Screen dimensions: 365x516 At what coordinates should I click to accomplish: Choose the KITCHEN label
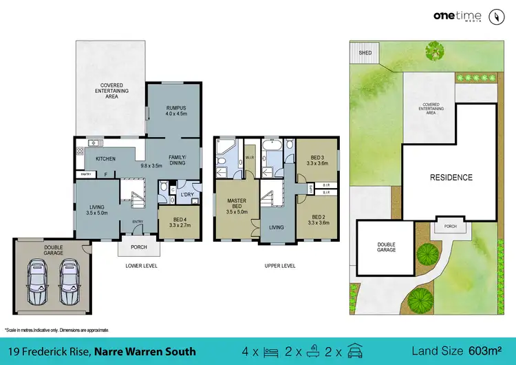pyautogui.click(x=105, y=159)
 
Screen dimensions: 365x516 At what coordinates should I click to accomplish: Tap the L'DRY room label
pyautogui.click(x=186, y=195)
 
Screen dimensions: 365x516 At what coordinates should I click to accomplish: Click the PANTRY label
pyautogui.click(x=86, y=174)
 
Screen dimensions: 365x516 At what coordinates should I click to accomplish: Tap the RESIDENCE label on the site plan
pyautogui.click(x=451, y=177)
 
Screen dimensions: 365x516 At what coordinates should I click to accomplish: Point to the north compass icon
pyautogui.click(x=494, y=16)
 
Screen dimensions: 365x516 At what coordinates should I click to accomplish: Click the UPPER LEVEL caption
pyautogui.click(x=280, y=264)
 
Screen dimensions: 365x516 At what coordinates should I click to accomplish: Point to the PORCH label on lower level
pyautogui.click(x=138, y=247)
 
